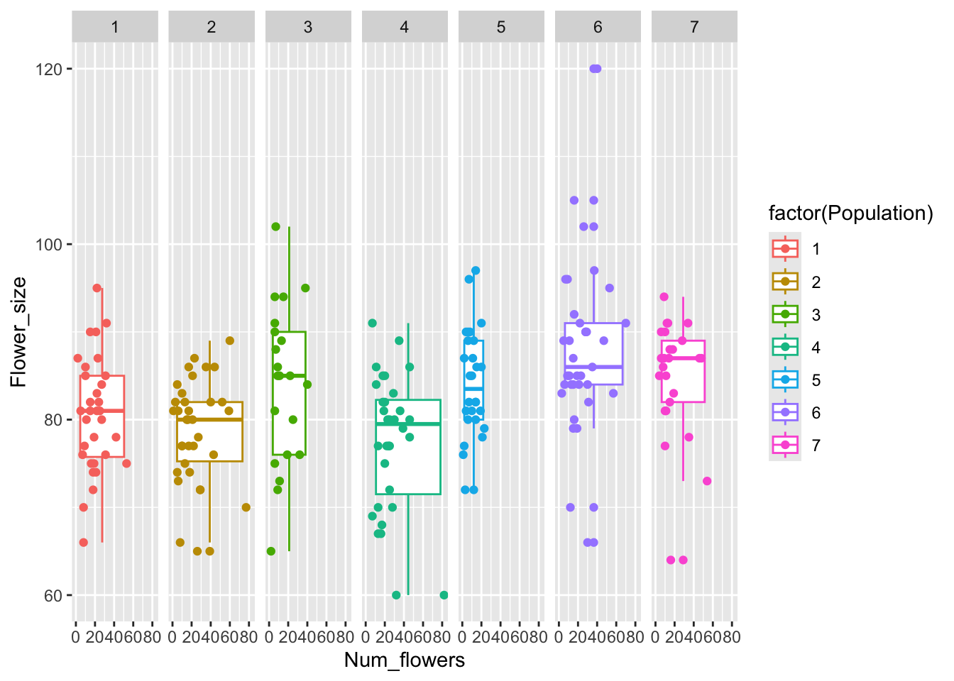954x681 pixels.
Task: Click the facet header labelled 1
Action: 115,27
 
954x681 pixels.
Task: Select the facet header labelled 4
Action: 405,27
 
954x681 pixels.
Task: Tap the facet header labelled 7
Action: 694,27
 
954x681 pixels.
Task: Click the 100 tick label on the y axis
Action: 50,245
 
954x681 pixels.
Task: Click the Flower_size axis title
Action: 18,332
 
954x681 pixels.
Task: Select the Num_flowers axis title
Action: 405,660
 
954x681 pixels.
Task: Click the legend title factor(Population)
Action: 850,214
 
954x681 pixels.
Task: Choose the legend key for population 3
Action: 785,314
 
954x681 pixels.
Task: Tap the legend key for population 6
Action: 785,413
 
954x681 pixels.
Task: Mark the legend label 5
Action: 816,380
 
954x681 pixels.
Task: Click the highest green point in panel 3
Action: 276,227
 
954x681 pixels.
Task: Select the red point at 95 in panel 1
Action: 97,288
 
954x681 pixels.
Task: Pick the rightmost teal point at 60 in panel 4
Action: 444,595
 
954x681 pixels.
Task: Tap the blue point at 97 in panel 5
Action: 476,270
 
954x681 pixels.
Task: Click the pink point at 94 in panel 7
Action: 664,297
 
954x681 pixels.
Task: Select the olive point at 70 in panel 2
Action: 246,507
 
